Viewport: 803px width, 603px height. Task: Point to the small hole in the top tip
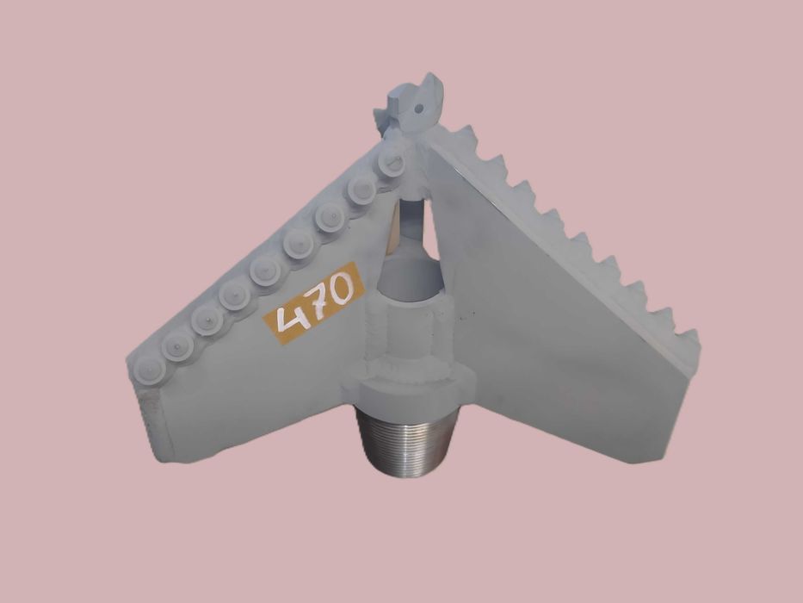(421, 109)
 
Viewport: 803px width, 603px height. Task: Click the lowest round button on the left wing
(148, 373)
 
